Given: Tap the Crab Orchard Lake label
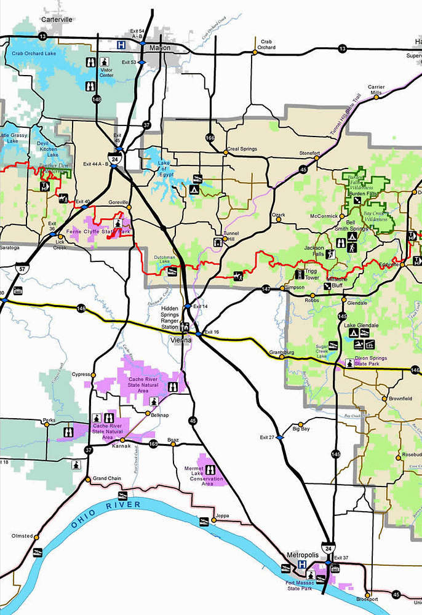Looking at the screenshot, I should (32, 54).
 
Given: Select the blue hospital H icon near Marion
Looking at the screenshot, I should (122, 44).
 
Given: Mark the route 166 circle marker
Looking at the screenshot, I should (210, 138).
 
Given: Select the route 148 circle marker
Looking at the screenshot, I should (97, 99).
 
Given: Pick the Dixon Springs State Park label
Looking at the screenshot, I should (376, 363).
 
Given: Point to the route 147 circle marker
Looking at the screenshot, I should (266, 288).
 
